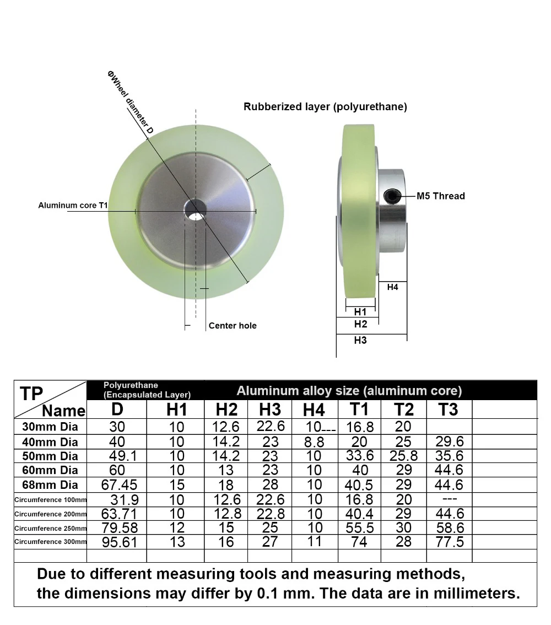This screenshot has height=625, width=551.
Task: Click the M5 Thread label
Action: [x=440, y=196]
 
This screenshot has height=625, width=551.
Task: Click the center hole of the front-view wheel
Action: [x=195, y=211]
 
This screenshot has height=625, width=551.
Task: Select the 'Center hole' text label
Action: [x=233, y=326]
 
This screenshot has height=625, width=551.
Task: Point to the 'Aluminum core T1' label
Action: [x=73, y=205]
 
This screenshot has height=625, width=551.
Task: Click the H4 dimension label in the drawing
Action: [x=392, y=287]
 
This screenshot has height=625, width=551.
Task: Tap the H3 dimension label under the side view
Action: [x=360, y=341]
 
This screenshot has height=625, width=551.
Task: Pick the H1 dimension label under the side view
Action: [x=360, y=312]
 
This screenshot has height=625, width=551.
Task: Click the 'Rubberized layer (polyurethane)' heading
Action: [x=325, y=107]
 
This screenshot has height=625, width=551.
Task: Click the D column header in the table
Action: [x=117, y=410]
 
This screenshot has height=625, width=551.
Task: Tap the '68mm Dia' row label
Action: [x=50, y=485]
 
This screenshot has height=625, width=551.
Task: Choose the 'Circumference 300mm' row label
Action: [x=50, y=541]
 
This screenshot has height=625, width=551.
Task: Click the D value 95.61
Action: [x=117, y=542]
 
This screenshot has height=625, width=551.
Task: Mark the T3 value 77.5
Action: [x=450, y=542]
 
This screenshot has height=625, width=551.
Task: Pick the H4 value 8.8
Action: [x=314, y=442]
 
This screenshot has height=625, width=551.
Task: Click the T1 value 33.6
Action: [x=359, y=456]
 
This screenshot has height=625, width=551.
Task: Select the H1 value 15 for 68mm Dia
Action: [x=177, y=485]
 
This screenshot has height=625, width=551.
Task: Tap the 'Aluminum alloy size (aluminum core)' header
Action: [x=349, y=391]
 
